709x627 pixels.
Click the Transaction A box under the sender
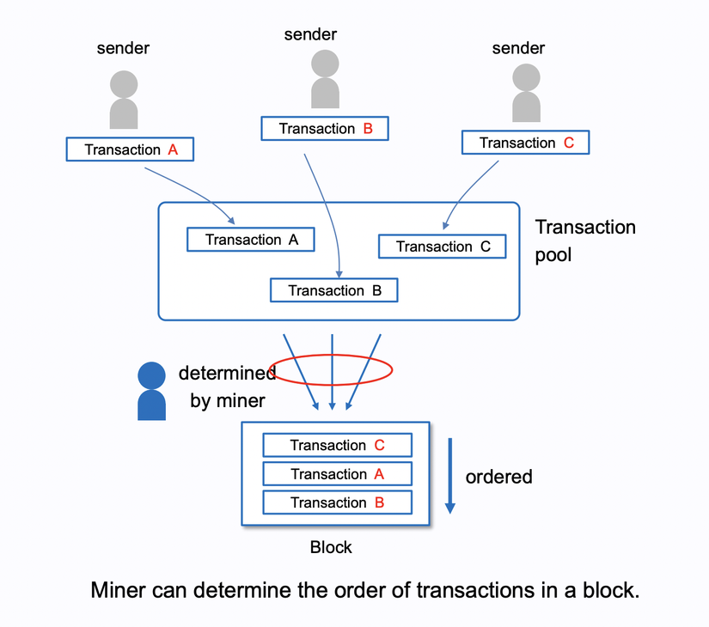(130, 149)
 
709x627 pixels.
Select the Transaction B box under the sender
(325, 129)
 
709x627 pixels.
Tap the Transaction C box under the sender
(525, 143)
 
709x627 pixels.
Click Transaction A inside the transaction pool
(251, 240)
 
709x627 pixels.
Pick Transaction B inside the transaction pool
(334, 290)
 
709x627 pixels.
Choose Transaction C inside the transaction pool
(443, 247)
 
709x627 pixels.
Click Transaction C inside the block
(337, 445)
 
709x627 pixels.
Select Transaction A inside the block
(337, 474)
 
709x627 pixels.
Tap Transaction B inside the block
(337, 502)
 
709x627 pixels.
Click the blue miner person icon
(152, 391)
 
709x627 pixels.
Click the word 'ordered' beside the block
(498, 477)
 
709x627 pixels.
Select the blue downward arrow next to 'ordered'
(449, 476)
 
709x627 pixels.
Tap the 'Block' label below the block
(331, 547)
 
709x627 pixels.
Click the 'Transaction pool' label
(585, 240)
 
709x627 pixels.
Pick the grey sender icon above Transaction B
(325, 79)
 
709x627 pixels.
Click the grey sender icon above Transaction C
(526, 93)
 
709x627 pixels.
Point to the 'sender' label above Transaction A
(124, 48)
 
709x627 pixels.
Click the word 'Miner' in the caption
(117, 591)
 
